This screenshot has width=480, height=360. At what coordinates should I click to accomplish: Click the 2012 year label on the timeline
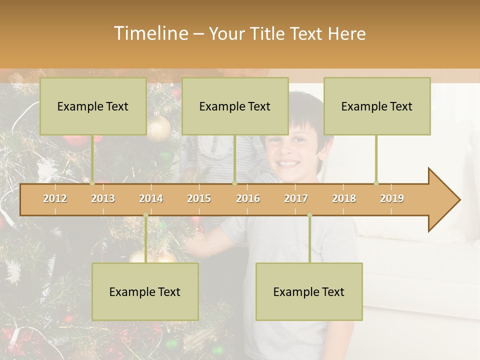click(x=55, y=198)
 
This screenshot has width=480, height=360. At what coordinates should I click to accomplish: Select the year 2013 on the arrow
click(x=103, y=198)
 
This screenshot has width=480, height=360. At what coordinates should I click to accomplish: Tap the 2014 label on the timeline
click(x=151, y=198)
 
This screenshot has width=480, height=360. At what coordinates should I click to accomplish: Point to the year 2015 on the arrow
click(x=199, y=198)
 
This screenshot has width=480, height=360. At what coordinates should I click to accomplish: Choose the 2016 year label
click(x=248, y=198)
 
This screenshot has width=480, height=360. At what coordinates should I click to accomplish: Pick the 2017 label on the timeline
click(x=296, y=198)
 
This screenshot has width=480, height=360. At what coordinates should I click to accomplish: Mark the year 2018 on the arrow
click(x=344, y=198)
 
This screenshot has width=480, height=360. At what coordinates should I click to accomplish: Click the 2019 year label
click(x=392, y=198)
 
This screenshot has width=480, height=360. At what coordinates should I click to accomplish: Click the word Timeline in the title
click(x=150, y=33)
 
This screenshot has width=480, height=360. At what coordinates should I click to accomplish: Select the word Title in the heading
click(x=267, y=33)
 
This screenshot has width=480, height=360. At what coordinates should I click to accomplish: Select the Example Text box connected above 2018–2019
click(x=377, y=106)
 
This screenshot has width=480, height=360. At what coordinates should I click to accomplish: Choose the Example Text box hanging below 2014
click(x=145, y=291)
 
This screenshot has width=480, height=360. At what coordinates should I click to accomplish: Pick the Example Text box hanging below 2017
click(x=309, y=291)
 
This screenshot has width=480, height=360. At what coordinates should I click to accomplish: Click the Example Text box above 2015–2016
click(x=235, y=106)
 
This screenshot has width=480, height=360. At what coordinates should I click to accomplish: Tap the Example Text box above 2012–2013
click(x=93, y=106)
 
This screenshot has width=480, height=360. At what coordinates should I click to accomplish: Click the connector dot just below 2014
click(x=145, y=215)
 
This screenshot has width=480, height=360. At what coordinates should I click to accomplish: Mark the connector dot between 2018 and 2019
click(x=376, y=183)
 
